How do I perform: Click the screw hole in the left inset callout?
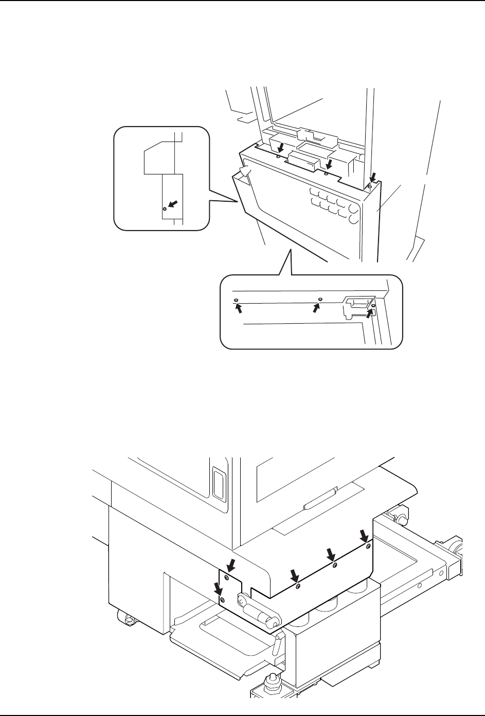164,209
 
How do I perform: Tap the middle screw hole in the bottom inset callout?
320,299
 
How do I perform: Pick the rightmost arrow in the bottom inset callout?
369,310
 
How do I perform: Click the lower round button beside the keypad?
353,219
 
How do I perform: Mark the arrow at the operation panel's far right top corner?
374,179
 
